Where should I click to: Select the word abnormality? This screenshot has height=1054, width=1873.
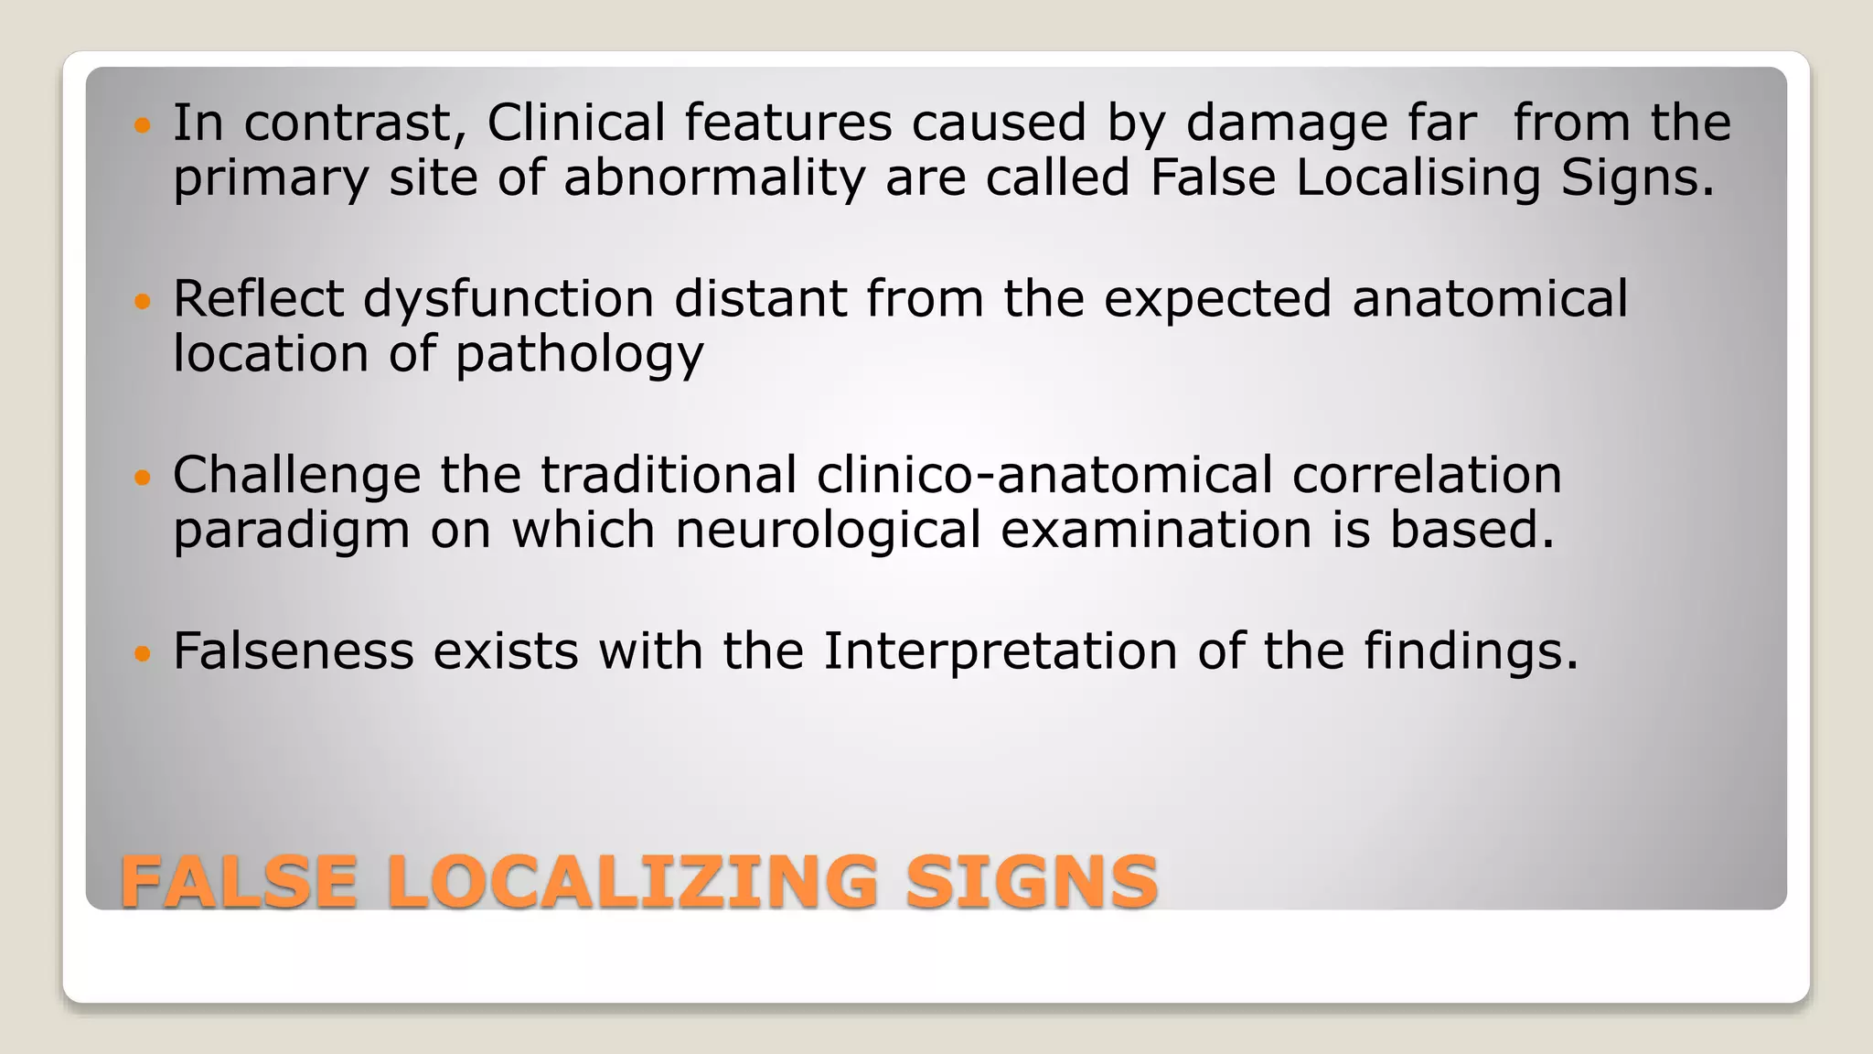(x=713, y=177)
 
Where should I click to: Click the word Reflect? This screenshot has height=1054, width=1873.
(x=258, y=299)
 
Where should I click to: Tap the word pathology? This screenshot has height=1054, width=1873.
(x=580, y=356)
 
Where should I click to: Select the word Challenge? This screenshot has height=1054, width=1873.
(x=296, y=477)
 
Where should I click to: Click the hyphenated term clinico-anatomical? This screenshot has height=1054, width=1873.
(x=1044, y=475)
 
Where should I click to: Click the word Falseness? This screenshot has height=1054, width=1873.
(x=293, y=651)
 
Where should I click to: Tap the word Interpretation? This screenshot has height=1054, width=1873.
(x=1000, y=653)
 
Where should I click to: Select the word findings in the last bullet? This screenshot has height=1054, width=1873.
(x=1471, y=653)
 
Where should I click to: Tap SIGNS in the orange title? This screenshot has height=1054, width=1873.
(x=1032, y=882)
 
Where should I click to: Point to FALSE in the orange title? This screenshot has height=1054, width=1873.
(x=239, y=882)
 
